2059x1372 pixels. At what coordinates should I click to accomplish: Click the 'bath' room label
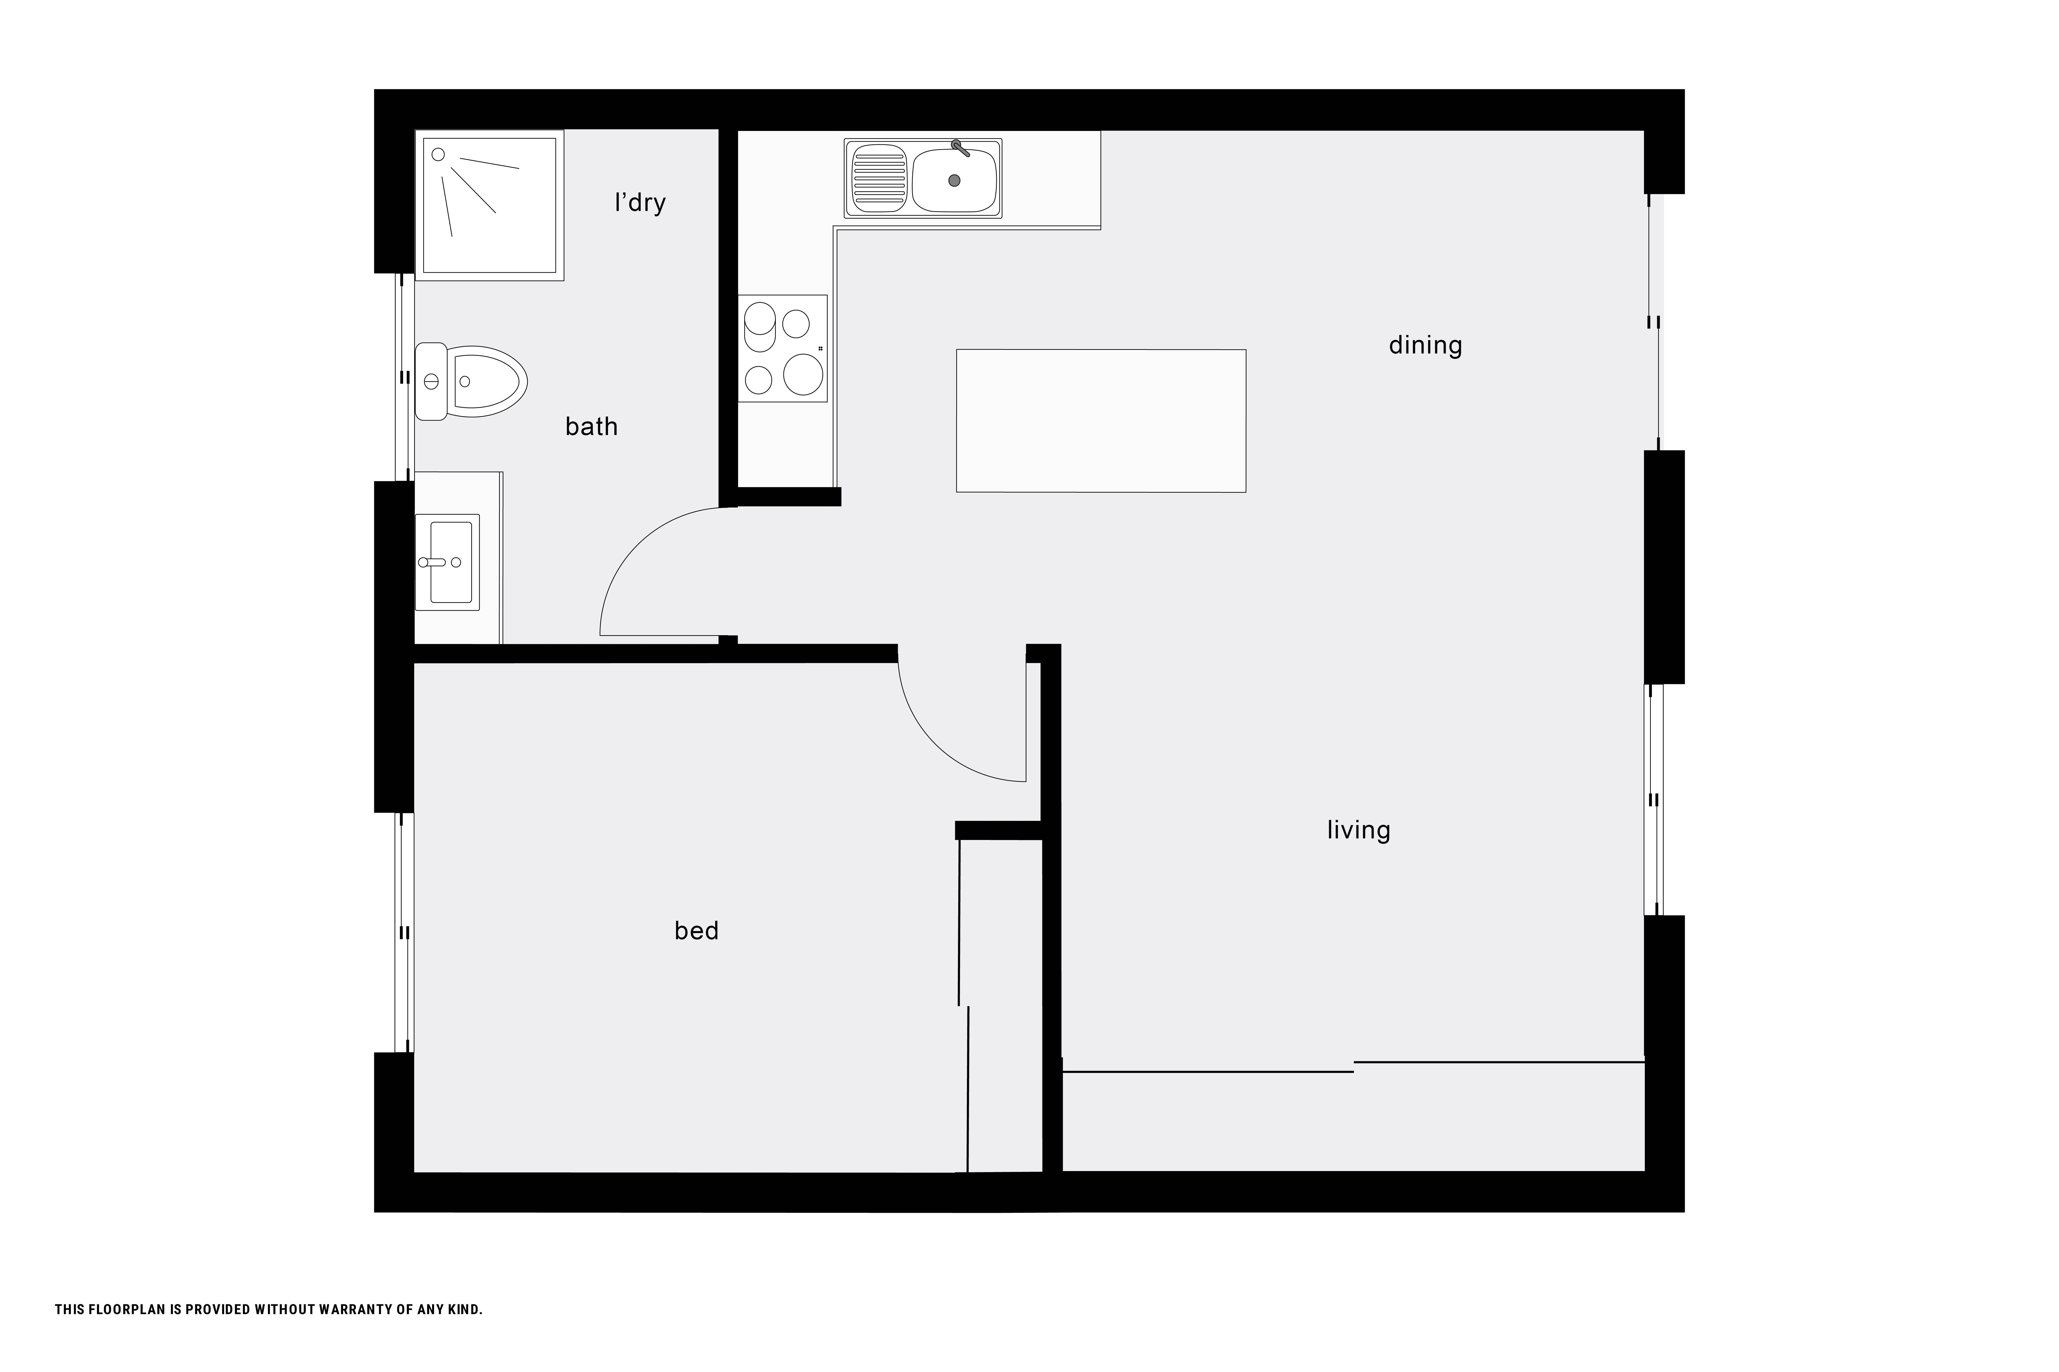tap(592, 427)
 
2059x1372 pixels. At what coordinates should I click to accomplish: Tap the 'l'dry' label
tap(640, 203)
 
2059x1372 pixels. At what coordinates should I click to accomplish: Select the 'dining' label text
tap(1425, 346)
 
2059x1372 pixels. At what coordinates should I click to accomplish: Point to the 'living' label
tap(1359, 829)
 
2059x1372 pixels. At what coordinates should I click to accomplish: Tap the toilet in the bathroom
tap(471, 382)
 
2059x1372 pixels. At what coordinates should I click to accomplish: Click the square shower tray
tap(489, 206)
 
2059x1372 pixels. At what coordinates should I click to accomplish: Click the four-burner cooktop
tap(783, 348)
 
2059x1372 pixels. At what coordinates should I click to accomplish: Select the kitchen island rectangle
tap(1101, 421)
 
